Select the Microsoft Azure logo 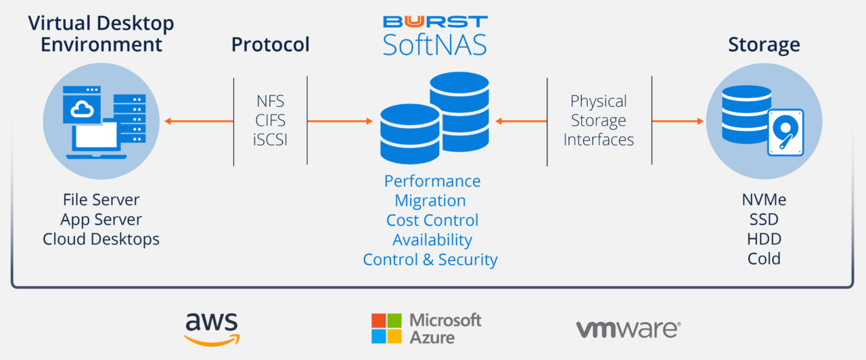pos(426,328)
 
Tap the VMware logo pos(628,329)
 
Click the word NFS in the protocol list pos(270,102)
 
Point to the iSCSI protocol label pos(270,140)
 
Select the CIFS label pos(270,121)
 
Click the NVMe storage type pos(764,200)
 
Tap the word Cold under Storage pos(764,258)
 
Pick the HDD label pos(764,240)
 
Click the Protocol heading pos(270,45)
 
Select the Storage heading pos(764,45)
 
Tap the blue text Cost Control pos(432,221)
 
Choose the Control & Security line pos(430,260)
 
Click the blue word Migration pos(430,201)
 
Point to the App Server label pos(101,220)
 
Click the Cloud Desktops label pos(101,240)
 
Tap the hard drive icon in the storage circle pos(785,133)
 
